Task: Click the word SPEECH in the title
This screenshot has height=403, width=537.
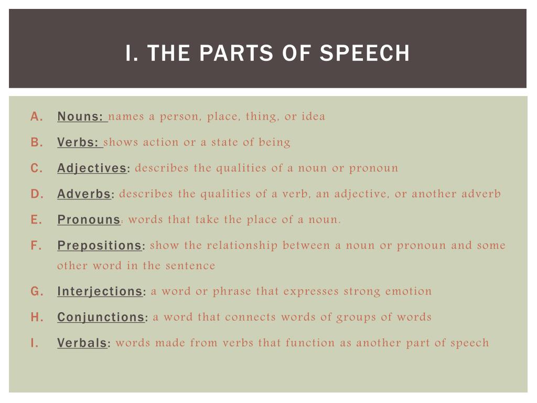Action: [x=364, y=53]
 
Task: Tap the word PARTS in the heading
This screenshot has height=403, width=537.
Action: [x=237, y=53]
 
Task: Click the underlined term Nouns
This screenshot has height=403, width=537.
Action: [x=80, y=116]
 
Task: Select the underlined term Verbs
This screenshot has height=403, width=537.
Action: [x=78, y=142]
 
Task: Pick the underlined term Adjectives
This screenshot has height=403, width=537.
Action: [x=92, y=168]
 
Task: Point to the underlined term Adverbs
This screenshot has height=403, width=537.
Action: [x=84, y=194]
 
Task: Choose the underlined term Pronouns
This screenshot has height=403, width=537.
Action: [x=89, y=220]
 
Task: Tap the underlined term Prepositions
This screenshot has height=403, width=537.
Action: [x=99, y=246]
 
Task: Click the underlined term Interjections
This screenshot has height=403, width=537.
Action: [x=100, y=291]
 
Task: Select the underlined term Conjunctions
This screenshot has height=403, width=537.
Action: [x=101, y=317]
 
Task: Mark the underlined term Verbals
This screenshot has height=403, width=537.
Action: [x=82, y=343]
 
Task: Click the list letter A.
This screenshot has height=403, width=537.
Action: [x=36, y=117]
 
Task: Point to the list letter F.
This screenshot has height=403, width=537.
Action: [x=36, y=246]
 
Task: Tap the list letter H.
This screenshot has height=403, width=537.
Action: [x=37, y=317]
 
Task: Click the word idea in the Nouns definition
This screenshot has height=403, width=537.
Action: [x=314, y=116]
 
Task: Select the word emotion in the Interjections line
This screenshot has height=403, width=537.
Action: [x=408, y=291]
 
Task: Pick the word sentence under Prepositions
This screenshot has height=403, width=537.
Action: [x=190, y=266]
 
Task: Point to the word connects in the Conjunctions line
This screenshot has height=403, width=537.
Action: [x=250, y=317]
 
